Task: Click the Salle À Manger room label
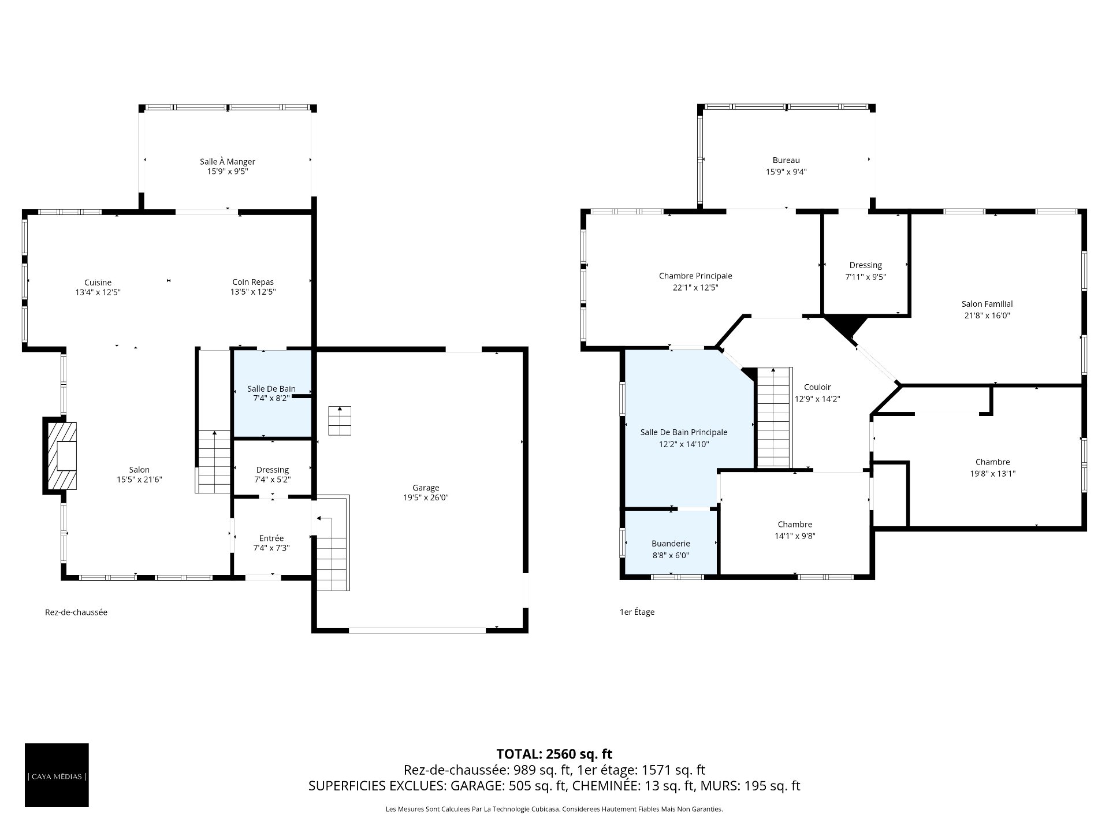coord(228,162)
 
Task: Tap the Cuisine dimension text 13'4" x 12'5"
coord(98,292)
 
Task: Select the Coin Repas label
coord(253,282)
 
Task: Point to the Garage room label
coord(426,488)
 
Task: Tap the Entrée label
coord(271,538)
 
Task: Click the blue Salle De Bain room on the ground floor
coord(271,393)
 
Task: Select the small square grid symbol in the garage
coord(340,421)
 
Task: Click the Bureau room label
coord(786,160)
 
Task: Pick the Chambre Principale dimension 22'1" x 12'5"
coord(695,288)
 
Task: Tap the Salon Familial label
coord(987,304)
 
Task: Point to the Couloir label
coord(817,387)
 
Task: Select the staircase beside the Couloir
coord(773,417)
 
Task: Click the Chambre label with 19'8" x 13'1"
coord(992,462)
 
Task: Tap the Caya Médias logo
coord(57,775)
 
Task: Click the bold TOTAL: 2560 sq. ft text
coord(554,754)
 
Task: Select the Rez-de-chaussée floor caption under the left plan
coord(76,612)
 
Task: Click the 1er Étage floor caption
coord(637,612)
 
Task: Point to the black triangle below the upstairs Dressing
coord(845,326)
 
